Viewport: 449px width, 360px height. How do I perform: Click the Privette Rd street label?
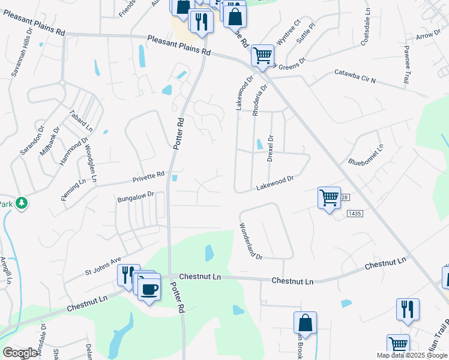click(x=148, y=176)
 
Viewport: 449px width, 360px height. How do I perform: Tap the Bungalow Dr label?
click(x=136, y=196)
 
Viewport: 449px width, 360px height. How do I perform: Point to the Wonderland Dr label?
click(x=251, y=241)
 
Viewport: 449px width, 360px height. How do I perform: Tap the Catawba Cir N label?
click(x=355, y=77)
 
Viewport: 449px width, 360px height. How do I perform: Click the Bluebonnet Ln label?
click(x=366, y=155)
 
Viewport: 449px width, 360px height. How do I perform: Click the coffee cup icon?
click(x=149, y=289)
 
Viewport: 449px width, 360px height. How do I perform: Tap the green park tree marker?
click(x=22, y=203)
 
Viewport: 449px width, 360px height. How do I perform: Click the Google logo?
click(x=20, y=353)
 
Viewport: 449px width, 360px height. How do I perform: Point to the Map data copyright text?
click(x=412, y=355)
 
